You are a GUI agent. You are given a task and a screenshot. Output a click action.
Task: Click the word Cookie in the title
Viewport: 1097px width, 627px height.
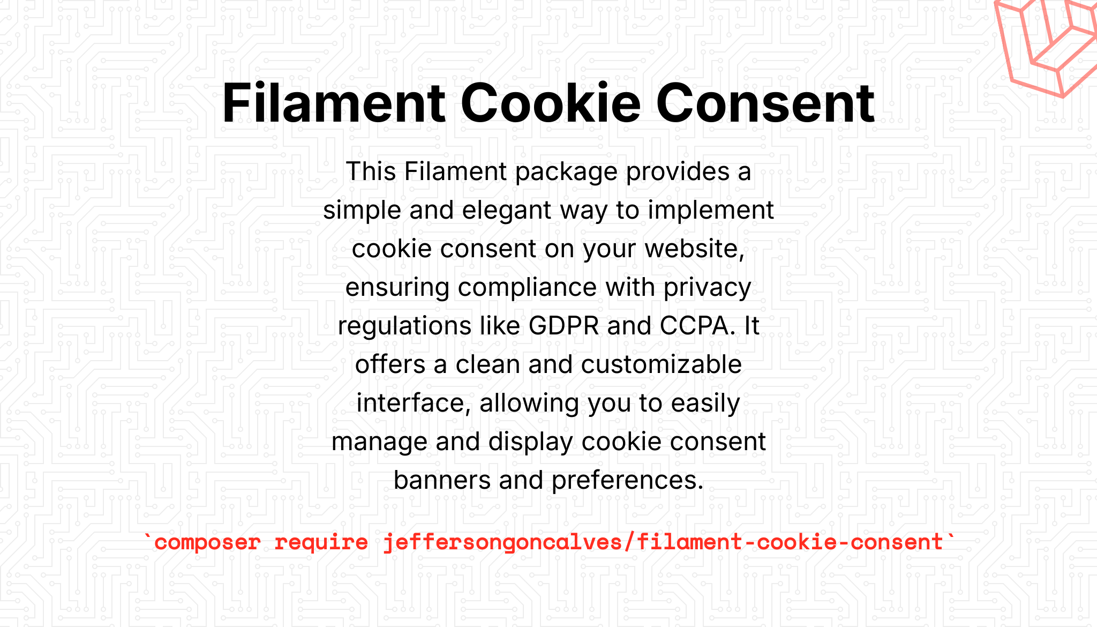551,103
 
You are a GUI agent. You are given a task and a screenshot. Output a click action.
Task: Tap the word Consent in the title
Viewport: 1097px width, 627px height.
765,103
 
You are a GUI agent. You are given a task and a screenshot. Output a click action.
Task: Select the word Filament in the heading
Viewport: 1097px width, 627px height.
334,103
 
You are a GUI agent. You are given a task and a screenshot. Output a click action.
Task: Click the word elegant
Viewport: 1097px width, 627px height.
507,210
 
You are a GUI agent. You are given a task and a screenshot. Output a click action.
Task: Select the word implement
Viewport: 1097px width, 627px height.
711,211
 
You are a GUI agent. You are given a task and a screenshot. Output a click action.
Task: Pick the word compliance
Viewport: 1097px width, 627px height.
528,288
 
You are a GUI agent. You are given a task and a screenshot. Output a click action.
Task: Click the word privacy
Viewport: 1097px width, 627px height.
708,288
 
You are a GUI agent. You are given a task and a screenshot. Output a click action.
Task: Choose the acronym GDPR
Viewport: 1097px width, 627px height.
563,326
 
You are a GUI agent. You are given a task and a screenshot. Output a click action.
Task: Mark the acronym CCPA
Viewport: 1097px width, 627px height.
694,326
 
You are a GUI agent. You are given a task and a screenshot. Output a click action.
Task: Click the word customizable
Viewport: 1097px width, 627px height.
662,364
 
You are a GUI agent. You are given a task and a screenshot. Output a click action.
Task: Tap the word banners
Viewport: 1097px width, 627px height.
442,480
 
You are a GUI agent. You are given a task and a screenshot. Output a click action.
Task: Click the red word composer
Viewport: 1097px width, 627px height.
207,543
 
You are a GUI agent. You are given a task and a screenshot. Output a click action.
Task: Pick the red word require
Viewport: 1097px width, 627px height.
321,542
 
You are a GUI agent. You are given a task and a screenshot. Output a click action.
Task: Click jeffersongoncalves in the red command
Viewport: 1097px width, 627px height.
502,542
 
